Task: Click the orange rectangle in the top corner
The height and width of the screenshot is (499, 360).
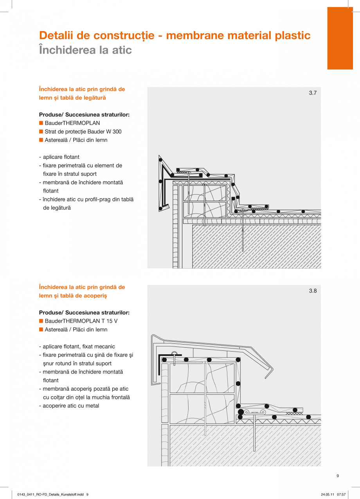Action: click(340, 38)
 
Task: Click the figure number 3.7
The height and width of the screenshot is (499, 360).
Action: click(313, 93)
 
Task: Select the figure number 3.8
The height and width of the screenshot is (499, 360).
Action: click(313, 291)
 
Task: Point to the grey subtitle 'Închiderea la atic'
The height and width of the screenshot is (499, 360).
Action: click(85, 50)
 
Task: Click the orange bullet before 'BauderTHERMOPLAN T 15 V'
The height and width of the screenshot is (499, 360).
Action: click(41, 321)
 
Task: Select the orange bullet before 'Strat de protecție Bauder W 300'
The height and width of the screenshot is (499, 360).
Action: click(41, 131)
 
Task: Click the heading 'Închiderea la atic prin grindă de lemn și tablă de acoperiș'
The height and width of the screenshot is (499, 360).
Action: click(82, 291)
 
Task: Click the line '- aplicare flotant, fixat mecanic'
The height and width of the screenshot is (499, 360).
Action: click(77, 346)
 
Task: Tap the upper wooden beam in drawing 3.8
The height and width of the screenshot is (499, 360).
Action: click(202, 378)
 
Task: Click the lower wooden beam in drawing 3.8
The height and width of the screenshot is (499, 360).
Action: click(202, 409)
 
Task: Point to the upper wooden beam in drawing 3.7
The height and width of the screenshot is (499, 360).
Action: click(205, 193)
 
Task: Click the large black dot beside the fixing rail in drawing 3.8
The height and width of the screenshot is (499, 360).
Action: click(241, 412)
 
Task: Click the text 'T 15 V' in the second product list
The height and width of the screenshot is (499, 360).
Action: click(110, 321)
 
